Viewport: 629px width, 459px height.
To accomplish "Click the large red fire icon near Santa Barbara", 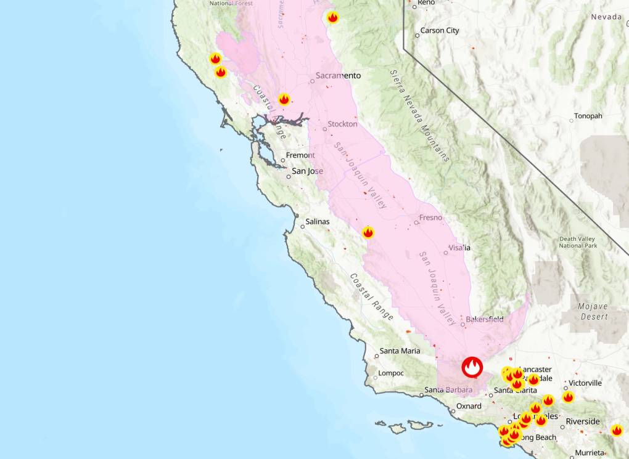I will [x=472, y=368].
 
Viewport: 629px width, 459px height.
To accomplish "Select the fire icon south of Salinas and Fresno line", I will [x=368, y=232].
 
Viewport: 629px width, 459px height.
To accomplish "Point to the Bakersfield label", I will [x=484, y=319].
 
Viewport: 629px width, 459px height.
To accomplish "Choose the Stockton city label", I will [x=342, y=124].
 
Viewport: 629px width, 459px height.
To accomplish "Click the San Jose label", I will [x=307, y=171].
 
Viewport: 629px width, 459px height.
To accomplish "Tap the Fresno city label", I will [x=430, y=217].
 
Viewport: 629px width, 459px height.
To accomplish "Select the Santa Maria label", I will [x=400, y=351].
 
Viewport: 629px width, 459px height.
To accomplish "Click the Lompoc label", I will [x=391, y=373].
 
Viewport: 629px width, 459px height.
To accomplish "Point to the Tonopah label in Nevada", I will [x=588, y=116].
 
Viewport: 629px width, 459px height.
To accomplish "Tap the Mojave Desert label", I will [x=593, y=312].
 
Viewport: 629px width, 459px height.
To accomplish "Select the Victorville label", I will [x=585, y=383].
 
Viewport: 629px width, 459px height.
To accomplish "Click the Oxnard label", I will [x=469, y=407].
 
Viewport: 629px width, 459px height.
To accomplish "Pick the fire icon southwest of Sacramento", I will [x=284, y=99].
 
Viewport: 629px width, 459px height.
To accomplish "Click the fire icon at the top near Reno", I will [x=333, y=17].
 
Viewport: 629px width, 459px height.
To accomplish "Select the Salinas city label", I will [x=318, y=222].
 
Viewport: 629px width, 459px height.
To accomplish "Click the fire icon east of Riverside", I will [x=617, y=430].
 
